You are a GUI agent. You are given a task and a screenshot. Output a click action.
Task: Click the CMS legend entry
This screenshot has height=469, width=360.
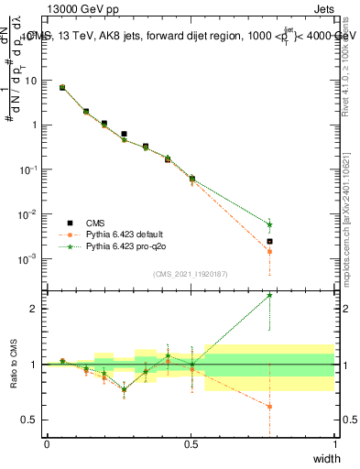(94, 222)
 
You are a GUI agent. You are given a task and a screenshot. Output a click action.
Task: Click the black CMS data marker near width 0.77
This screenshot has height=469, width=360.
(269, 242)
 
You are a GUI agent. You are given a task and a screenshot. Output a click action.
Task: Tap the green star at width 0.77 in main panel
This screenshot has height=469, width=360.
(269, 224)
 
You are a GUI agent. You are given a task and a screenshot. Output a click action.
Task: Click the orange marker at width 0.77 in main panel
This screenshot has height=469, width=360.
(269, 251)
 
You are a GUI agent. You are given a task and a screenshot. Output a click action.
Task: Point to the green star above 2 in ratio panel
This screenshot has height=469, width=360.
(269, 295)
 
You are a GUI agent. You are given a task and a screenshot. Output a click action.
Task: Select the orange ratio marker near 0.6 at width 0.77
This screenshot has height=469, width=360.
(269, 406)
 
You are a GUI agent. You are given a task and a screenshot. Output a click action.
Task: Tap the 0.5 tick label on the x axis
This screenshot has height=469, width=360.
(191, 444)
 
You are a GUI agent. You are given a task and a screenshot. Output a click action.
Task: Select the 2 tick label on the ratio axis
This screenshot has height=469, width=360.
(35, 309)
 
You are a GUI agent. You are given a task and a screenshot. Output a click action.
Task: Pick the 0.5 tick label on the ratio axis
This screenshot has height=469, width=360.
(31, 420)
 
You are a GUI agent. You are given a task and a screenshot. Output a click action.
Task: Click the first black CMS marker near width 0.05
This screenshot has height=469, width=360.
(62, 88)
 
